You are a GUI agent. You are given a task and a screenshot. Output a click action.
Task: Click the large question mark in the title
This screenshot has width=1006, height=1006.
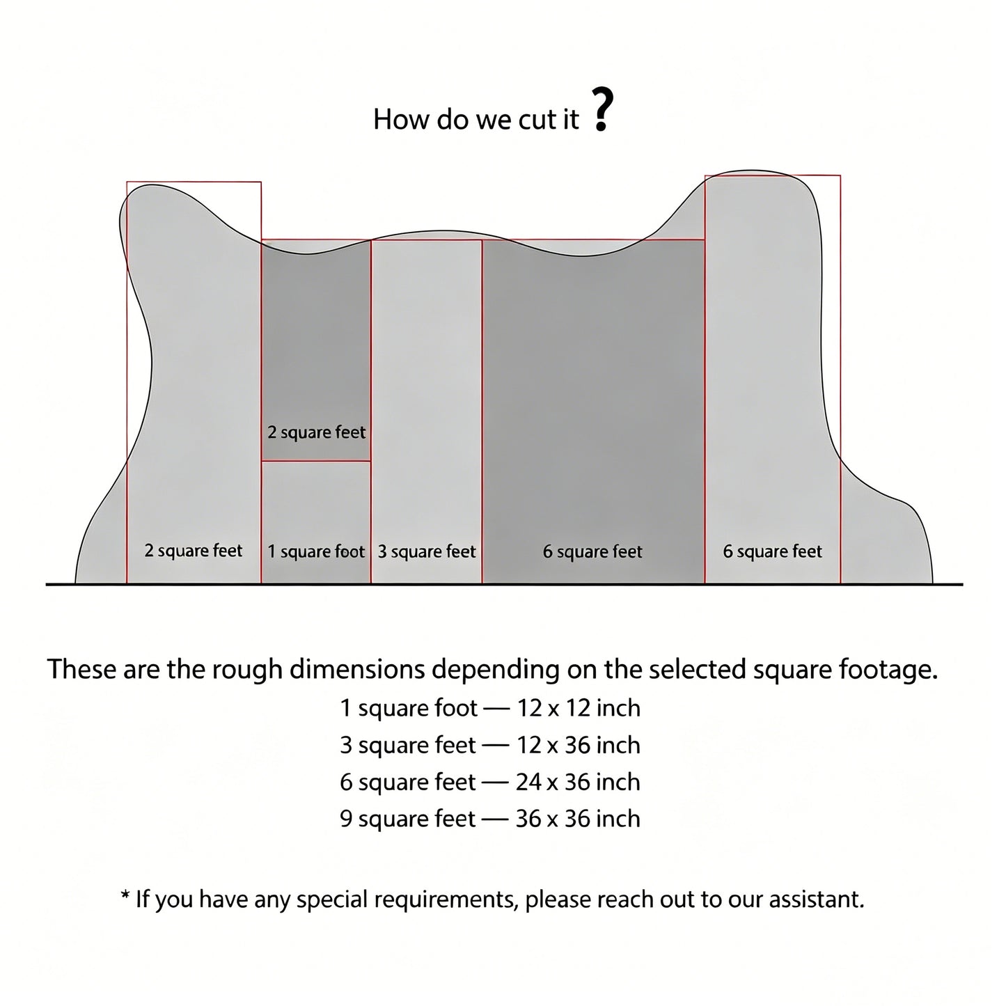602,109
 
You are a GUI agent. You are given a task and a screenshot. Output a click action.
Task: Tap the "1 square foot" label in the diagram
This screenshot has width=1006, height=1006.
316,552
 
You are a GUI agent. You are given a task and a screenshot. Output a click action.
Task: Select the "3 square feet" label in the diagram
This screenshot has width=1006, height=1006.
427,552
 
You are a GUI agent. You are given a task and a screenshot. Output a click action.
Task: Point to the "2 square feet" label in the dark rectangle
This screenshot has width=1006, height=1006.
316,432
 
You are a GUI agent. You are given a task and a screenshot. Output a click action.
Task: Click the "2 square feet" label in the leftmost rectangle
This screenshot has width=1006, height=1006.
193,551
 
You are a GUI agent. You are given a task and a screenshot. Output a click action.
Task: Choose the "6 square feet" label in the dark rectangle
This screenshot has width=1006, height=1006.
592,552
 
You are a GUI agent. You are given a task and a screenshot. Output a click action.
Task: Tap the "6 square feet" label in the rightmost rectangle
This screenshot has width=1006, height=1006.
772,551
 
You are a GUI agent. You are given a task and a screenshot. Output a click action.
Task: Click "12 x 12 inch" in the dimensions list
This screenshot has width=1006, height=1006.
579,709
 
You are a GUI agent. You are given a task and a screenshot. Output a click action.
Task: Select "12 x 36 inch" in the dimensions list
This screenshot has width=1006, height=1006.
579,746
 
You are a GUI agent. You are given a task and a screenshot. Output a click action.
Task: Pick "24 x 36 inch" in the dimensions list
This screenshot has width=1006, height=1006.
578,782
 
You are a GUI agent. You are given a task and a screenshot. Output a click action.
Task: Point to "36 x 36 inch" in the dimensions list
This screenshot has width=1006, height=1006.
578,819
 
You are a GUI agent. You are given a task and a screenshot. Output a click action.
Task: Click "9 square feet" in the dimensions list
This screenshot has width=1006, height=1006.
408,819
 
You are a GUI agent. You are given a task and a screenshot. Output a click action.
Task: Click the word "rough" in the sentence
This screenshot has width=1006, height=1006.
246,670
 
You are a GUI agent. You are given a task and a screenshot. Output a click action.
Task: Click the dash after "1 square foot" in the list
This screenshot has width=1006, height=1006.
497,709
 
